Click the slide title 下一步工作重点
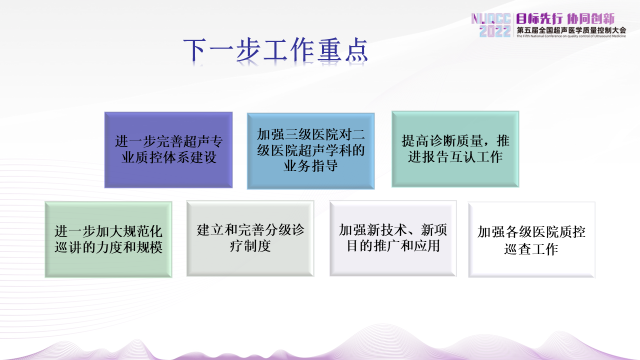point(275,50)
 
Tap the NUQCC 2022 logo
point(491,25)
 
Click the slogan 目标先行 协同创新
point(565,19)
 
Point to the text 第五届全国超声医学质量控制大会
point(571,30)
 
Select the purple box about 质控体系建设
point(168,150)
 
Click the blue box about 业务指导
point(311,151)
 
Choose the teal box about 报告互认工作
point(455,149)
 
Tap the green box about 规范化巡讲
point(108,239)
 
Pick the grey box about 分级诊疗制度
point(250,238)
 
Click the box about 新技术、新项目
point(393,238)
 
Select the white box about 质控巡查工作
point(531,239)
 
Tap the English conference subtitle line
point(571,36)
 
